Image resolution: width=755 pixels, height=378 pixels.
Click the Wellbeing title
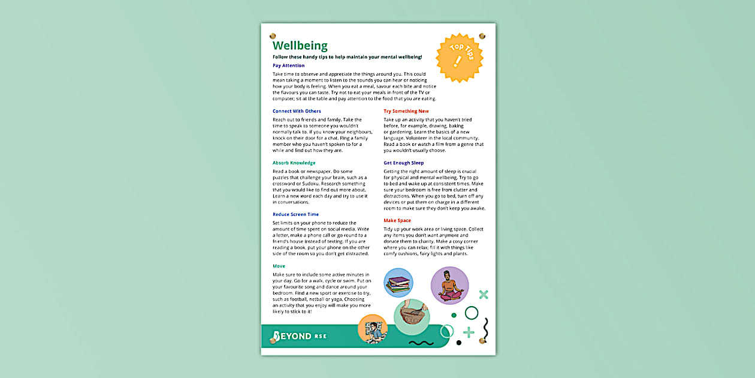[300, 46]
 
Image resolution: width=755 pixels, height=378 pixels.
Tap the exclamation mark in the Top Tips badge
[458, 61]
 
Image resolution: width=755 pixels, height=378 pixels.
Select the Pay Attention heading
[288, 65]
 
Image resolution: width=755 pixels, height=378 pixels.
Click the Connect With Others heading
[297, 111]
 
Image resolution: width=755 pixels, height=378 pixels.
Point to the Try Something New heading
[406, 111]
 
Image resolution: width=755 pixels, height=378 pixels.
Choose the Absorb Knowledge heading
[294, 163]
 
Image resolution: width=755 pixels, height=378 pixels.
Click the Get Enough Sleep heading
[404, 163]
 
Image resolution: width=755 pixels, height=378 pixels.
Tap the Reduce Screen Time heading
[295, 214]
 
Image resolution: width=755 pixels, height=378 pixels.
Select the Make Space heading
[397, 220]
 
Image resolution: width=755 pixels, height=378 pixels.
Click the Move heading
[279, 266]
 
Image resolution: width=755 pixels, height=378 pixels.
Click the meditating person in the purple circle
[449, 286]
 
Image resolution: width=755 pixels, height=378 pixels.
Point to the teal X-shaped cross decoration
[484, 294]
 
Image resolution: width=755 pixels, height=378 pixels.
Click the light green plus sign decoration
[469, 332]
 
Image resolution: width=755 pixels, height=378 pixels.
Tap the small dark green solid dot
[454, 315]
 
